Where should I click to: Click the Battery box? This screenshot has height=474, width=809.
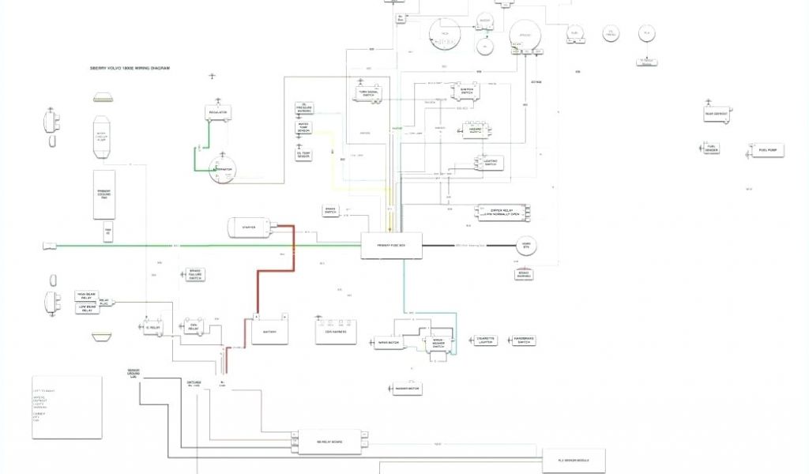pos(269,332)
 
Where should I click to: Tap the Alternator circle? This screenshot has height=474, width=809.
pos(223,169)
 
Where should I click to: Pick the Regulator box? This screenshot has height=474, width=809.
pos(218,113)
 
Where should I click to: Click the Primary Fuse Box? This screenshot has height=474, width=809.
pos(392,245)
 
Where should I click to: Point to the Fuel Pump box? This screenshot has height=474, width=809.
pos(767,150)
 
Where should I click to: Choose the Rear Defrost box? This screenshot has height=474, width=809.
pos(717,114)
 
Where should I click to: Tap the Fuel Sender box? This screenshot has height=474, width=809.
pos(712,148)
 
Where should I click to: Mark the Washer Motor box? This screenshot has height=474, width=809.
pos(408,389)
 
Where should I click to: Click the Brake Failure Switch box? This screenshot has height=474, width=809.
pos(194,276)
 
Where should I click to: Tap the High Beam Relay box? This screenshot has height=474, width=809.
pos(85,295)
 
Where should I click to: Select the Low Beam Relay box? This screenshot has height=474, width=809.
pos(85,309)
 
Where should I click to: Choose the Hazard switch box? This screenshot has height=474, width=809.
pos(476,130)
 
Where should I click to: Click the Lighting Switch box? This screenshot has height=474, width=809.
pos(490,163)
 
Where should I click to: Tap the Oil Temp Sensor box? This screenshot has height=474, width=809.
pos(303,155)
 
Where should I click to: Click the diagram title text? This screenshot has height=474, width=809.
pos(130,68)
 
